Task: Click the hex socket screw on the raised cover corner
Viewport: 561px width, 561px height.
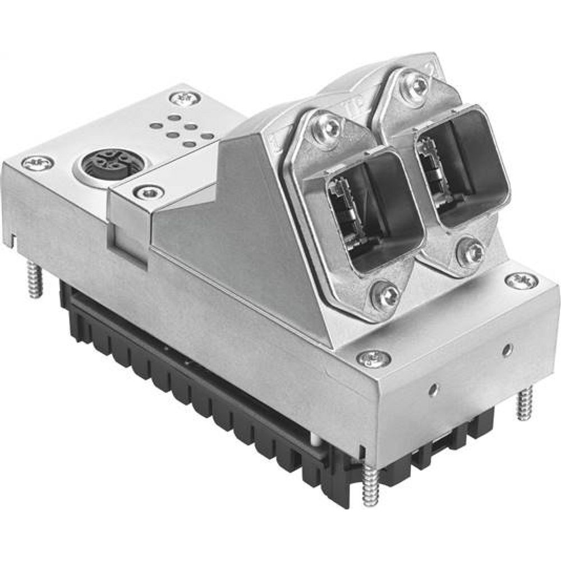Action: click(x=150, y=193)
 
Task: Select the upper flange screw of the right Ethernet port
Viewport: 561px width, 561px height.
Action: click(x=417, y=84)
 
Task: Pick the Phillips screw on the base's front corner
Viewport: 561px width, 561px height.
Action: click(x=373, y=356)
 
